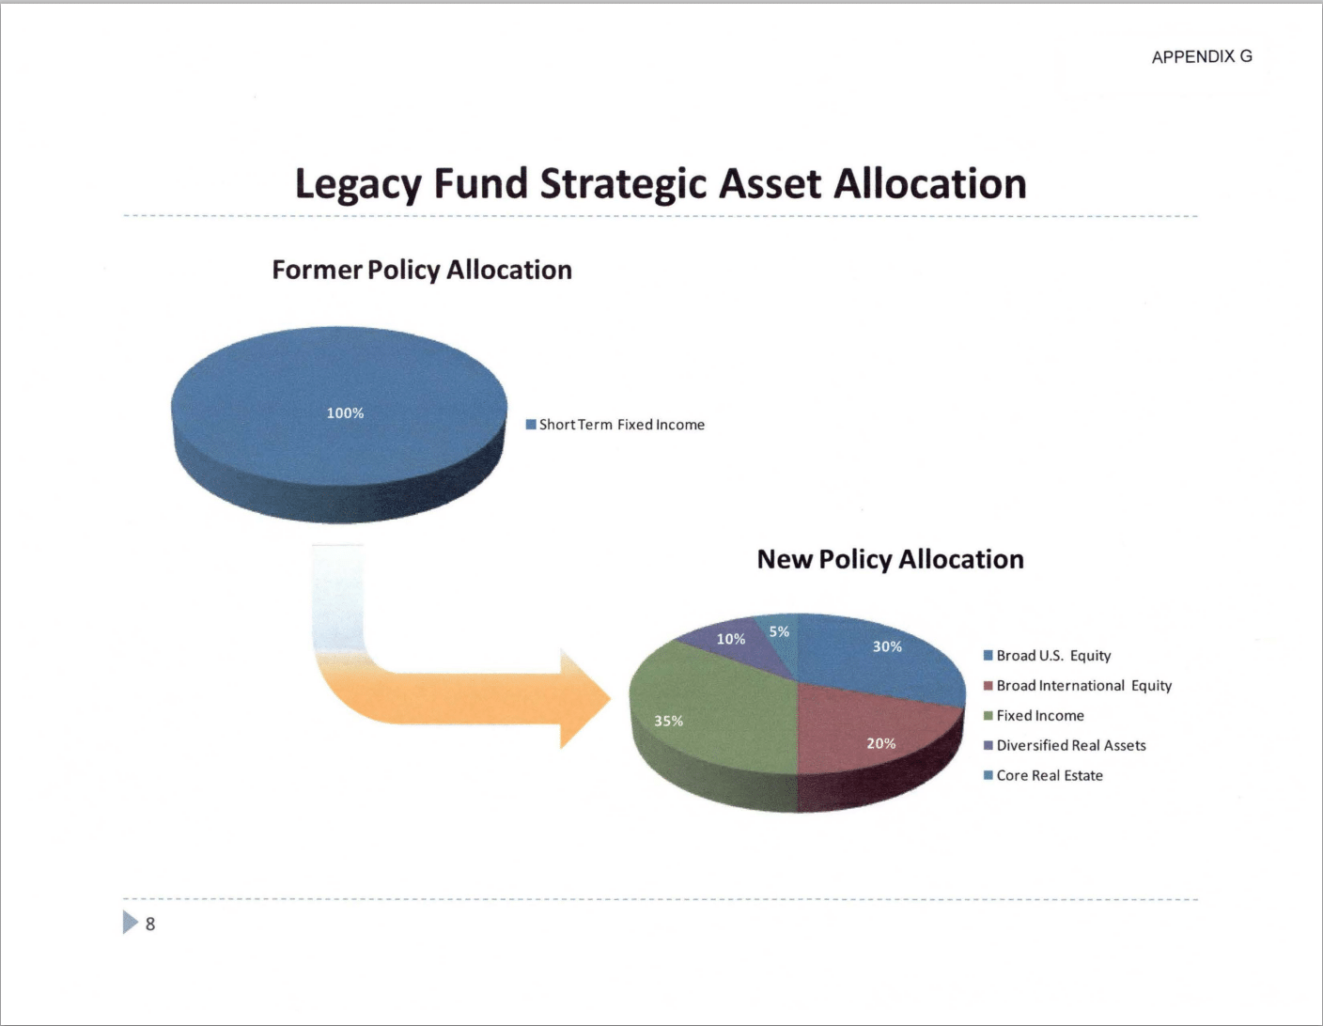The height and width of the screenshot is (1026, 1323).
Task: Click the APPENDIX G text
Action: [1202, 56]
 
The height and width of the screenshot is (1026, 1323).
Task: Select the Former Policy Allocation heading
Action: [422, 271]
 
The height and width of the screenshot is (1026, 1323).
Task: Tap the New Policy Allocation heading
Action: [890, 559]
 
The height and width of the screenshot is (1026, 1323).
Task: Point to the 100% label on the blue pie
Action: [345, 413]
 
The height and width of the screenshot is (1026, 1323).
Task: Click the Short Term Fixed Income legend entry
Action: [615, 425]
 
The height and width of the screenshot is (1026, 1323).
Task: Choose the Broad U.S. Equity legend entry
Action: [1047, 656]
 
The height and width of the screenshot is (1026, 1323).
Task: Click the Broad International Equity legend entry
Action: [1078, 686]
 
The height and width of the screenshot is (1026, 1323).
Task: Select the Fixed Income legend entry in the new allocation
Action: [1034, 716]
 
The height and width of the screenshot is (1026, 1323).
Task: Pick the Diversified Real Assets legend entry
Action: [1065, 745]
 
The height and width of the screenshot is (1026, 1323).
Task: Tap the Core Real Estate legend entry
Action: [1043, 775]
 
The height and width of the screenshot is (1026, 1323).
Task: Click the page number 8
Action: [149, 925]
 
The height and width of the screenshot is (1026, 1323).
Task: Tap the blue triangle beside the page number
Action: [130, 922]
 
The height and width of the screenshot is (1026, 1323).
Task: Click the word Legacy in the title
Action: [359, 185]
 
